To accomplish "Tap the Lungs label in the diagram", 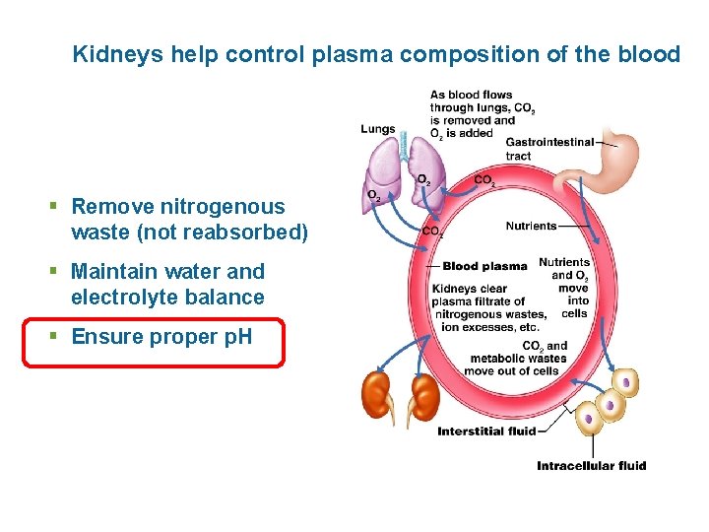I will click(x=378, y=129).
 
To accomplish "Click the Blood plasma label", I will click(x=484, y=266).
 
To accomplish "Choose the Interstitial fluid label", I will click(x=486, y=431).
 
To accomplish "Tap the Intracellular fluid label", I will click(x=591, y=465).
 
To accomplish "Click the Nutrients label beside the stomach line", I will click(x=531, y=227).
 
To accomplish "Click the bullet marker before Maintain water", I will click(x=55, y=272).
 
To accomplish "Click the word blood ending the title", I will click(x=651, y=54).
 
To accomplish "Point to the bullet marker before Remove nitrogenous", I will click(x=55, y=207).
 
